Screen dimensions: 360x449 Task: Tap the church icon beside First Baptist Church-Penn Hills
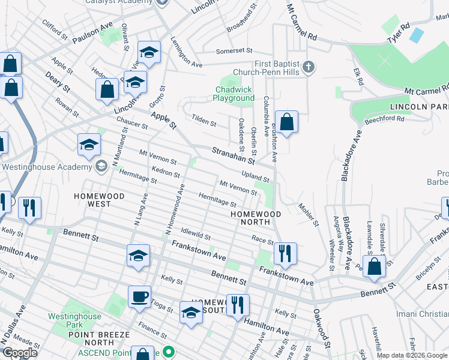click(x=308, y=67)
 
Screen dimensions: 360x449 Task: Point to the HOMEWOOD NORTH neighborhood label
click(x=256, y=214)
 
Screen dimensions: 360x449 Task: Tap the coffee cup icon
click(x=140, y=297)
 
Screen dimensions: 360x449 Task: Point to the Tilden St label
click(x=203, y=121)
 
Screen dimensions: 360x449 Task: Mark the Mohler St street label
click(x=308, y=214)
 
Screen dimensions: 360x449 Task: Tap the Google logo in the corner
click(x=20, y=353)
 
